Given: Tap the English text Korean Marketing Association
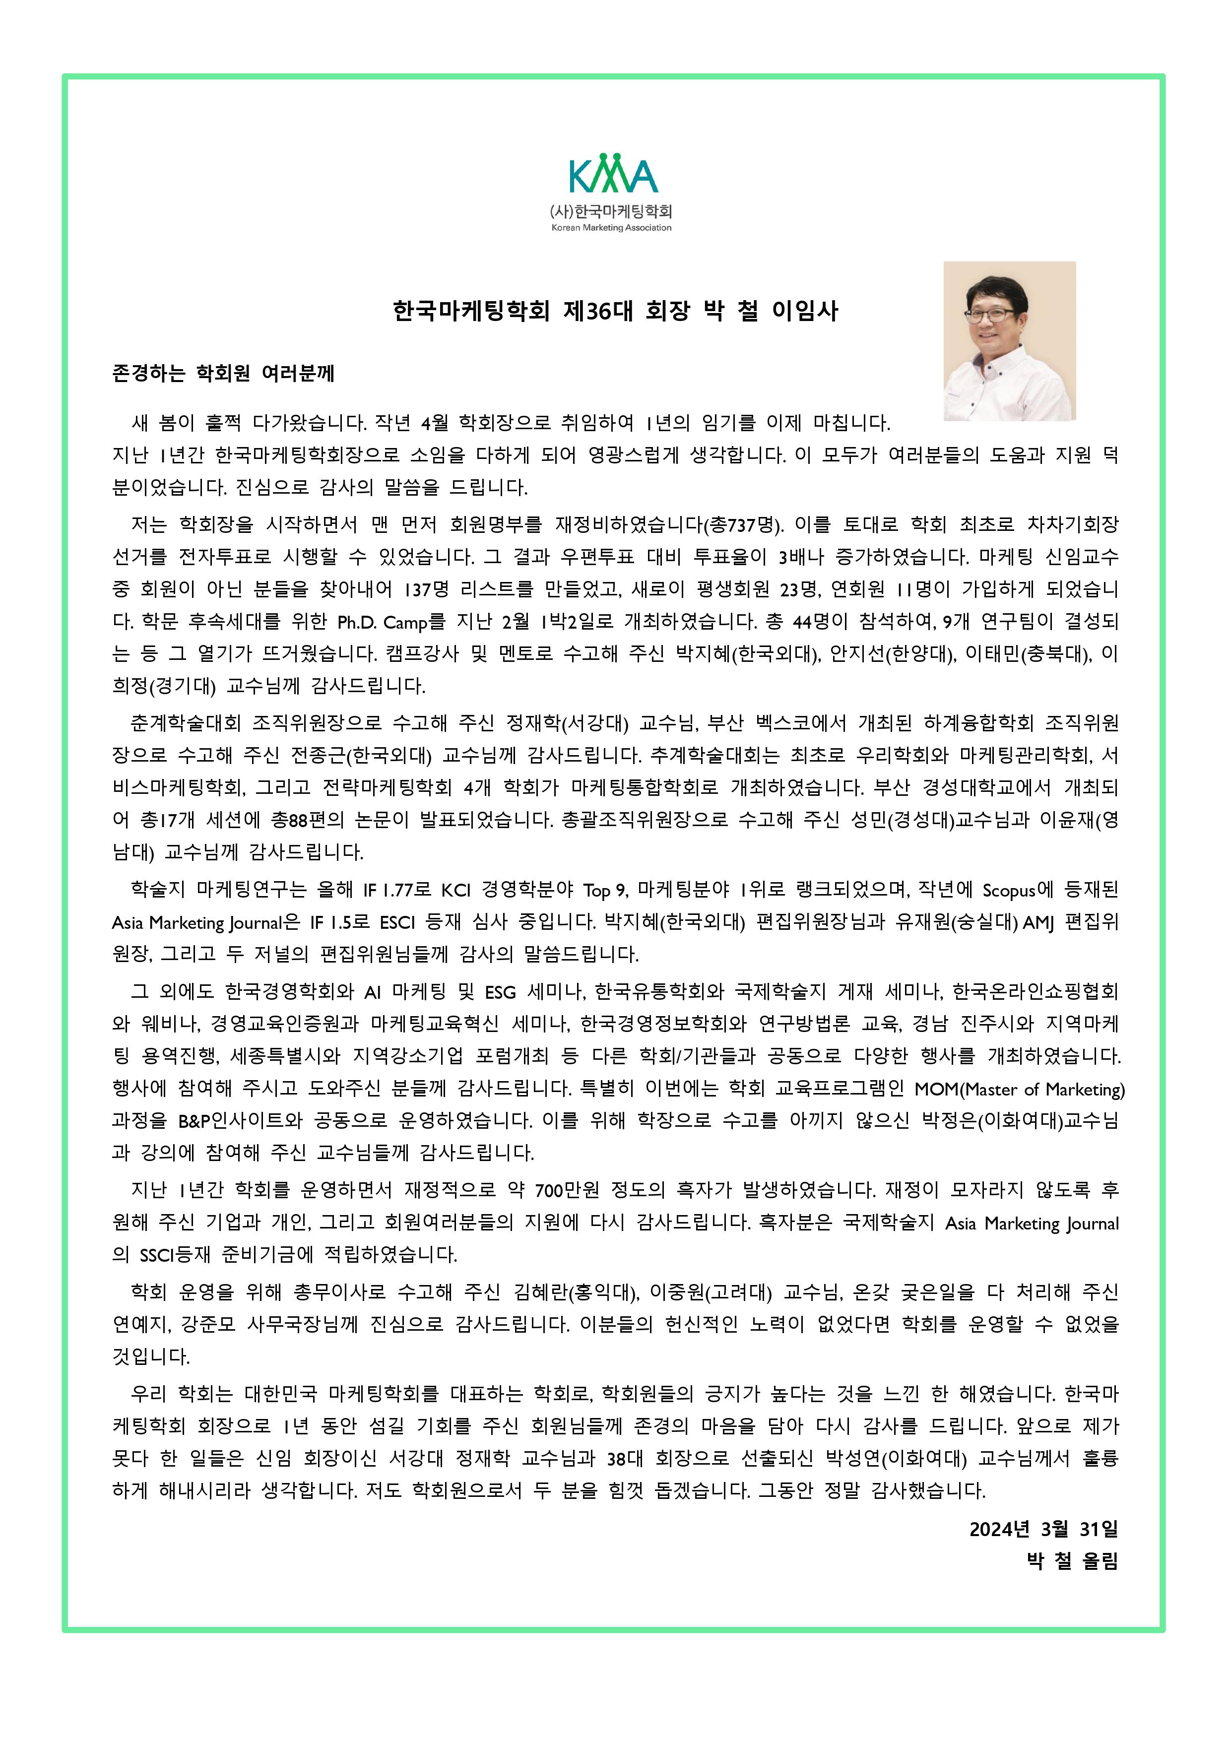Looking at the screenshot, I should pos(611,227).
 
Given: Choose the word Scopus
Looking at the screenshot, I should pos(1008,890).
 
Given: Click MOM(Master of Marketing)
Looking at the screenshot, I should pos(1020,1090).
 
